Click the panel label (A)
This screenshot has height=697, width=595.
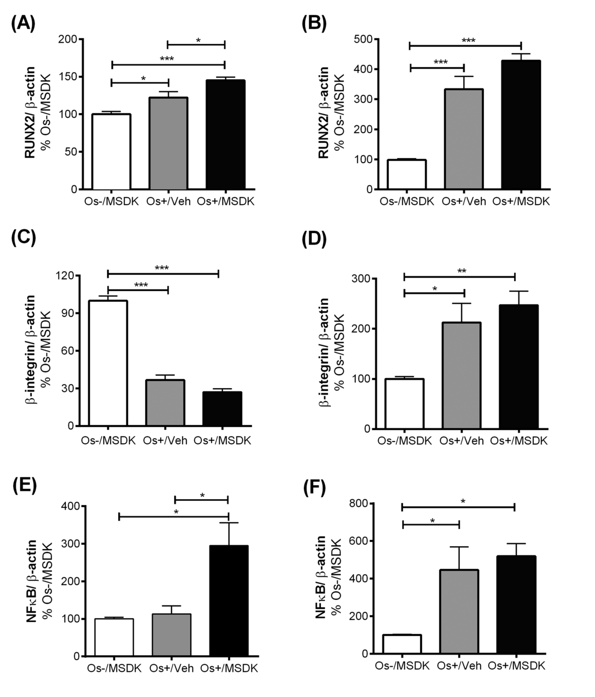(x=23, y=23)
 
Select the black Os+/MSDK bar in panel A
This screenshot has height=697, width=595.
(x=225, y=134)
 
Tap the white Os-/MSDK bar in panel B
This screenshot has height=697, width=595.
(x=407, y=174)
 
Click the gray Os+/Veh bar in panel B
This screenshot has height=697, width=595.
(x=464, y=139)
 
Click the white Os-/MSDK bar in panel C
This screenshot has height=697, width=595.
(x=108, y=363)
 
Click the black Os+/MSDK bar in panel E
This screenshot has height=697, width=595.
(x=229, y=601)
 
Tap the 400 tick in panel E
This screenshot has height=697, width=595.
(x=69, y=506)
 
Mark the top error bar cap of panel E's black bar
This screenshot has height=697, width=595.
(x=229, y=523)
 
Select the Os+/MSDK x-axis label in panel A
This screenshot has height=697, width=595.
(x=225, y=202)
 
